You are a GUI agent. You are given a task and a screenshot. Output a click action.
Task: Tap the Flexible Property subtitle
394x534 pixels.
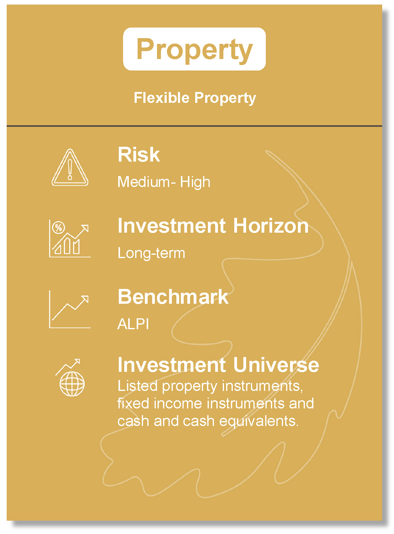point(195,98)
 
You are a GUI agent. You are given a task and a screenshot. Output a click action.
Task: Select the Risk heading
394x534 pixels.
point(139,154)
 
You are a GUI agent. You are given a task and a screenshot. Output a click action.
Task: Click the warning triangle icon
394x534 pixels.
point(70,167)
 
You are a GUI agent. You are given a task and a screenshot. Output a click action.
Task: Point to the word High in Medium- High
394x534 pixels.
point(195,182)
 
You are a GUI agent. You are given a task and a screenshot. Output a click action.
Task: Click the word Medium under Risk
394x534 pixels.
point(144,182)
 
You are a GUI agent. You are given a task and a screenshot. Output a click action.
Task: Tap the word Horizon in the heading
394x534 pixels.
point(271,226)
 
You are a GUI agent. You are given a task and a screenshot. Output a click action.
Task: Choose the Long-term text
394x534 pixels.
point(151,253)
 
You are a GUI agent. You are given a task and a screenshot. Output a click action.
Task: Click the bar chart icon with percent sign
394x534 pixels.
point(70,239)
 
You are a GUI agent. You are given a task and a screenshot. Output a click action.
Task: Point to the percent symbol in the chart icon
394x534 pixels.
point(58,228)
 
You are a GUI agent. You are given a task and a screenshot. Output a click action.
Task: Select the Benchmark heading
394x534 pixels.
point(173,296)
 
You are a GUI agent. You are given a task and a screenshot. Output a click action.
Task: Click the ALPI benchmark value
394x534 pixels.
point(133,324)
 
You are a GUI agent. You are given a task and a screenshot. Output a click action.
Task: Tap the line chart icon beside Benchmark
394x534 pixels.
point(70,309)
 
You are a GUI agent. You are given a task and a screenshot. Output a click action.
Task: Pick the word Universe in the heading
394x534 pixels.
point(276,365)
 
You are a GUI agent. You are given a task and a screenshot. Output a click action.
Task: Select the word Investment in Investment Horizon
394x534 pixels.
point(172,226)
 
